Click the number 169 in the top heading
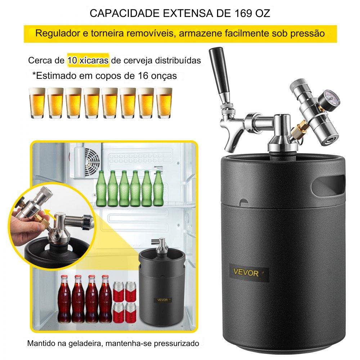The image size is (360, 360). (x=244, y=14)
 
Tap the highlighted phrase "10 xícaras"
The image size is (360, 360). (x=88, y=60)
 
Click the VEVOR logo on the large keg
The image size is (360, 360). (x=246, y=273)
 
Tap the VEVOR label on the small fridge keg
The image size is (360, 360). (x=163, y=300)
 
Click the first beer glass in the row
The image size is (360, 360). (x=37, y=103)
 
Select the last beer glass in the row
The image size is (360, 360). (x=164, y=103)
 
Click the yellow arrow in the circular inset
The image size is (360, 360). (x=49, y=212)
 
